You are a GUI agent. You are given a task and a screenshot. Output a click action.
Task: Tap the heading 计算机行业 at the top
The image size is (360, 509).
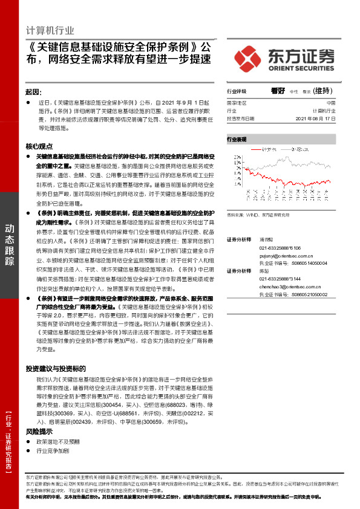tap(51, 30)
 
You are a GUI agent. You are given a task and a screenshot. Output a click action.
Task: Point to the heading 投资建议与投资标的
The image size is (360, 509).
tap(56, 368)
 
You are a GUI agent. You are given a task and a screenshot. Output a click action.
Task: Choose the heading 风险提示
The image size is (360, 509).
tap(39, 432)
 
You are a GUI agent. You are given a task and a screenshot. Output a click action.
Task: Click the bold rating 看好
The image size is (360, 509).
tap(278, 91)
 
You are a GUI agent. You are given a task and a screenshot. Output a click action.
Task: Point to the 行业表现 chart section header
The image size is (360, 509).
tap(237, 139)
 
